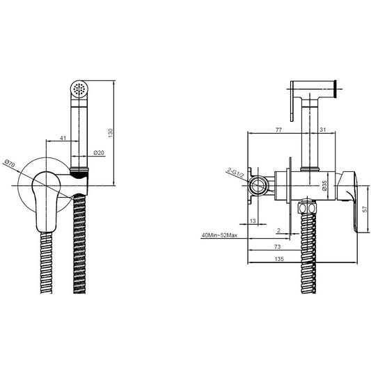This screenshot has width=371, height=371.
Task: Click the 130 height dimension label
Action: [x=111, y=133]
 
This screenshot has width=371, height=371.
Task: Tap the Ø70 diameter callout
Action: [x=10, y=164]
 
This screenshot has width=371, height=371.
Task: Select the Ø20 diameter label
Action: [x=99, y=152]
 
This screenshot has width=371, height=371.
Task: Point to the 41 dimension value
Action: [x=63, y=138]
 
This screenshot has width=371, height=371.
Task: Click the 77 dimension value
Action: [x=278, y=130]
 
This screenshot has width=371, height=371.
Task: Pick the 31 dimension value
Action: [x=323, y=129]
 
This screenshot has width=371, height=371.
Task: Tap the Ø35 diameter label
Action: [x=324, y=185]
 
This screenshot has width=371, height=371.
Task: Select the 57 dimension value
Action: [x=365, y=209]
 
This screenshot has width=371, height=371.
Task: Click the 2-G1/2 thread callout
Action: [x=235, y=173]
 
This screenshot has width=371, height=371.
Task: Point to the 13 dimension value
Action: [x=253, y=221]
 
